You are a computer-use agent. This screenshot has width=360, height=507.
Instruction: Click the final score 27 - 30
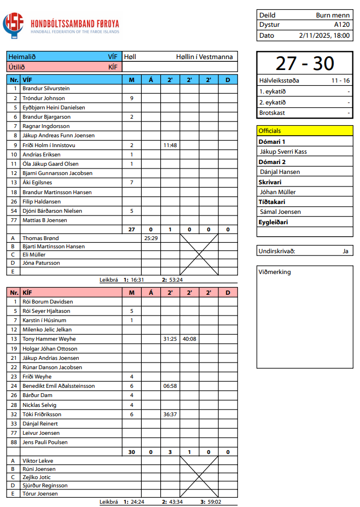pos(305,63)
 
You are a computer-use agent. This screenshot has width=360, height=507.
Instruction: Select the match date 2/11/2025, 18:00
pos(324,35)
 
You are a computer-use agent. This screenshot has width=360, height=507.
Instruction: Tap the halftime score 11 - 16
pos(340,80)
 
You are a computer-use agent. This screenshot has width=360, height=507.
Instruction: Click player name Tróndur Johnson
pos(43,98)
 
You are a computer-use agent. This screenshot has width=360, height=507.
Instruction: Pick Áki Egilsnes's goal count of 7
pos(131,182)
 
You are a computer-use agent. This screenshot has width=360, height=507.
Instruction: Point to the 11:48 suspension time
pos(170,145)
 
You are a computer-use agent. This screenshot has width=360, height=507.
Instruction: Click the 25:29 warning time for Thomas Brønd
pos(150,238)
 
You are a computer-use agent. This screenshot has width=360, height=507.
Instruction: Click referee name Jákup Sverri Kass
pos(283,151)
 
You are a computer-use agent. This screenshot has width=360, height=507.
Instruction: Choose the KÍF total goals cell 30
pos(131,452)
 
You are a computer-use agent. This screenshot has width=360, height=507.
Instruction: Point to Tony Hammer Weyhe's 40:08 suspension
pos(189,339)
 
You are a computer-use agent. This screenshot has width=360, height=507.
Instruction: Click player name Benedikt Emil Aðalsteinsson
pos(59,386)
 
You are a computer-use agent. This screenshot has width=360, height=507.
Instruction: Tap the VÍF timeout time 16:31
pos(137,279)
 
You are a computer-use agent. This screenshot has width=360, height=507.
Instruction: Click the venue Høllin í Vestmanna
pos(204,57)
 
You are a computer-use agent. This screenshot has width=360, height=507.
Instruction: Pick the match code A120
pos(341,25)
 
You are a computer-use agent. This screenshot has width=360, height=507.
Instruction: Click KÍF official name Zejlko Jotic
pos(38,477)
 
